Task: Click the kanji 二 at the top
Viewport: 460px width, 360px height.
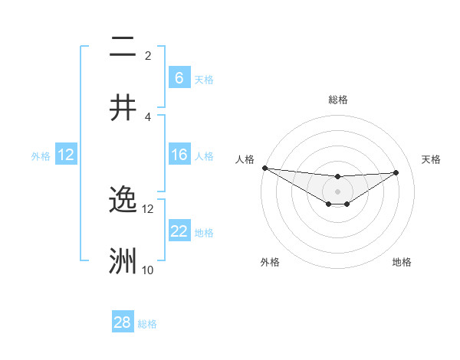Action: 123,47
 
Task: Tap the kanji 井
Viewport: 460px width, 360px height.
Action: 123,107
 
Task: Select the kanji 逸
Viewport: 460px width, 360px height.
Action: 123,199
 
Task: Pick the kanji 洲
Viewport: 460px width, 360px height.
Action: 123,261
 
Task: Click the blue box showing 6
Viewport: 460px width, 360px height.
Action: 179,77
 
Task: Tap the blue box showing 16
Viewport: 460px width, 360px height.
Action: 179,155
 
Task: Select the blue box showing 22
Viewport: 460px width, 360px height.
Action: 179,231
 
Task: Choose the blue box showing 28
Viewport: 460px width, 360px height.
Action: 123,322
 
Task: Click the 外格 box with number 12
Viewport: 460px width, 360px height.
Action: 66,155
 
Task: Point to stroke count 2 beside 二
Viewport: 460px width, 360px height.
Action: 148,55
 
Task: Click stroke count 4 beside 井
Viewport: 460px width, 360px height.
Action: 148,116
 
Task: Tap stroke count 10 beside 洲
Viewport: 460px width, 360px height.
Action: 148,270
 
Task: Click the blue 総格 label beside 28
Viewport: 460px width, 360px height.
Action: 147,324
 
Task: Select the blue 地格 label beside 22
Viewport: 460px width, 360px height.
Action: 204,232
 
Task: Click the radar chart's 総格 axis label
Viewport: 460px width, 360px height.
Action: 337,100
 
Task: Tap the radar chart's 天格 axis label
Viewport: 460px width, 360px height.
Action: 431,159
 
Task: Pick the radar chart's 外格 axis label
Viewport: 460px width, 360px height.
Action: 270,262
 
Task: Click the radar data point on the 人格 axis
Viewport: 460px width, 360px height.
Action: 264,168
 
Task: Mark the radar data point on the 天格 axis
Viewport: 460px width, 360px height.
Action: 396,172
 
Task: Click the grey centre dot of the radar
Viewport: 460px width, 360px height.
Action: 337,191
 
